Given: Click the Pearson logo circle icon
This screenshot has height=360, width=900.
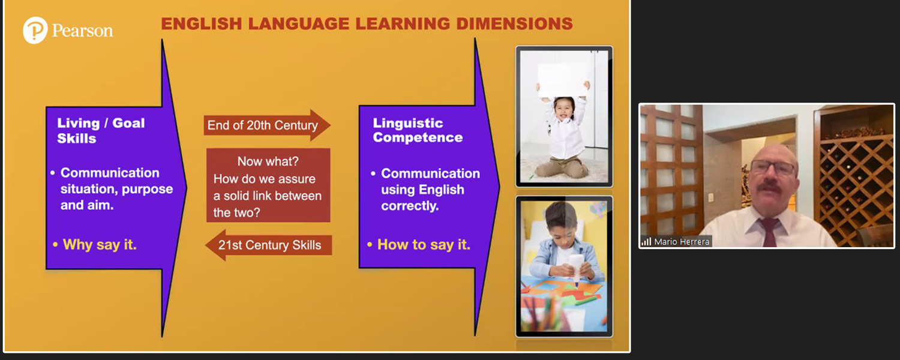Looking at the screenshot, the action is tap(35, 30).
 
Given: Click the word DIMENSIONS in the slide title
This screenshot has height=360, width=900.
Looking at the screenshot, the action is tap(514, 24).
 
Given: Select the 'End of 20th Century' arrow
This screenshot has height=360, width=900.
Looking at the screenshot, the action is tap(267, 125).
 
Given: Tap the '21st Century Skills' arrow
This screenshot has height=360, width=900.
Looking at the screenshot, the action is tap(268, 245).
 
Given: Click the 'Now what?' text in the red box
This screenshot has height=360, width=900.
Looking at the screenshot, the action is tap(268, 161).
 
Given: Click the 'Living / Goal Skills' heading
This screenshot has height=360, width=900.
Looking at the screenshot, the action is tap(101, 131).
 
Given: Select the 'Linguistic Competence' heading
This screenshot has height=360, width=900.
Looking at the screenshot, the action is tap(418, 130).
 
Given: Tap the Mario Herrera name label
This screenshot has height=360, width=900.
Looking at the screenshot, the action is tap(682, 241).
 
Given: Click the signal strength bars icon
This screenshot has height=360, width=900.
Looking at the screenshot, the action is tap(646, 241).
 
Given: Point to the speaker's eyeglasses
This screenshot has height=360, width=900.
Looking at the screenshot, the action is tap(772, 167).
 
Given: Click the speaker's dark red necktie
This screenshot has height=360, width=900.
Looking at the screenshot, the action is tap(769, 232).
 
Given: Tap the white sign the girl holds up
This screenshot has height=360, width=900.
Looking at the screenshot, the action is tap(563, 80).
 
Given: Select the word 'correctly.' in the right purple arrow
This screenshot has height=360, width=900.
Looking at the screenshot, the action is tap(410, 206).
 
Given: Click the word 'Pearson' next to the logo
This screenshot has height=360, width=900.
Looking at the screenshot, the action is tap(82, 31).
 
